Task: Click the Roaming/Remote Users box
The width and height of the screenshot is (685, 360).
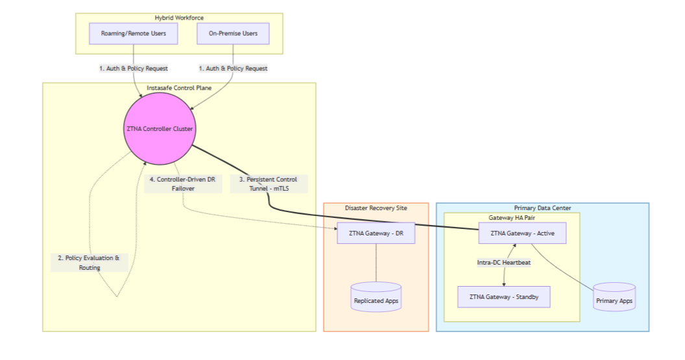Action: [134, 34]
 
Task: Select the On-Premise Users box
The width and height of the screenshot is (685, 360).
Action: [233, 34]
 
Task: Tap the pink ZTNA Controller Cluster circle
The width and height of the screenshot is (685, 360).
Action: [159, 129]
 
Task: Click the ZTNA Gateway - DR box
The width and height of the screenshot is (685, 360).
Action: [376, 234]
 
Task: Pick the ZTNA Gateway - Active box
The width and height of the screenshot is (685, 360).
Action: [522, 233]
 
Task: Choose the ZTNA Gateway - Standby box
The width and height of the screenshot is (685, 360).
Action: [504, 297]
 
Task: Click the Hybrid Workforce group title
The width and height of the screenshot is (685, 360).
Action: [179, 18]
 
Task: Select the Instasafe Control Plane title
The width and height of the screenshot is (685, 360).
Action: [179, 88]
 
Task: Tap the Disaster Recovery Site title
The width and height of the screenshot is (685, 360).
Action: [376, 208]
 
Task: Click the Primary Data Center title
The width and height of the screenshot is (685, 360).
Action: [542, 208]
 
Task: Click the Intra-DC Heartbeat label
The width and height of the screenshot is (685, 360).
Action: [504, 263]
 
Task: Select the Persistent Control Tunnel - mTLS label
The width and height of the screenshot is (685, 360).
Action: [269, 184]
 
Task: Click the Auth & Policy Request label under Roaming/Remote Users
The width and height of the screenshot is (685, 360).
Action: [134, 68]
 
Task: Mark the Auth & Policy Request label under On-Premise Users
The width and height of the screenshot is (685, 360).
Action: [233, 68]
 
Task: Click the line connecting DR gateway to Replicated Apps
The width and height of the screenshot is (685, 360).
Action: [376, 263]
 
